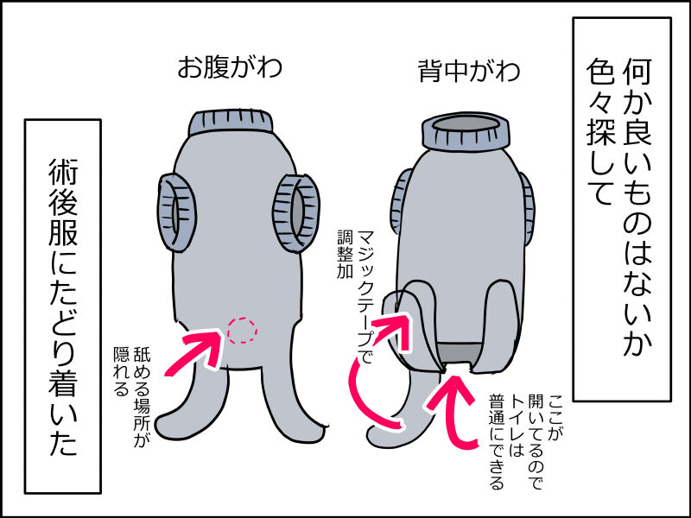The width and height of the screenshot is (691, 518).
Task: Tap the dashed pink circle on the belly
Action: [243, 329]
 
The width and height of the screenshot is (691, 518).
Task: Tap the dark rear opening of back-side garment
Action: [457, 352]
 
